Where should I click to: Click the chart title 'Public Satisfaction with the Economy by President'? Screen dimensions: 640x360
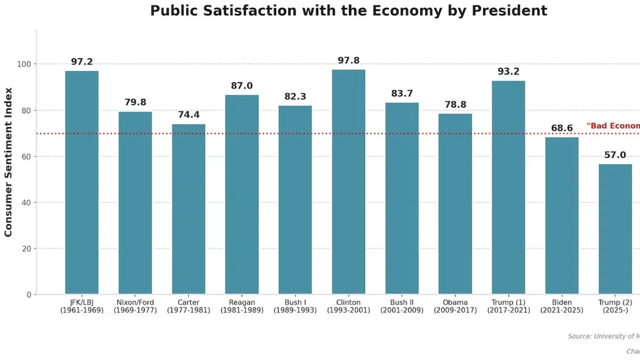348,11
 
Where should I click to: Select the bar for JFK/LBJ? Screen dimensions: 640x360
82,183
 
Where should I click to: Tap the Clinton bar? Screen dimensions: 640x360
348,183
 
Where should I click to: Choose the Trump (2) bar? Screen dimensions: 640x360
615,228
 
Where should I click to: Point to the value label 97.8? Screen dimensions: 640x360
348,60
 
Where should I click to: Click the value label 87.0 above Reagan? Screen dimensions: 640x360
242,86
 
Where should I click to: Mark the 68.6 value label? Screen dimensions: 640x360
562,128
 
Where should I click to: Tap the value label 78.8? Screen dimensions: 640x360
455,105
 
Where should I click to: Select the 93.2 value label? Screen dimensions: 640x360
508,72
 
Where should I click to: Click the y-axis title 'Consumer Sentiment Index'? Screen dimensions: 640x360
8,162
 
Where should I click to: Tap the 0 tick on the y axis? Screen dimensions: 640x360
29,295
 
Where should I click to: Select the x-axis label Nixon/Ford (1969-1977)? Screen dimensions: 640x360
135,306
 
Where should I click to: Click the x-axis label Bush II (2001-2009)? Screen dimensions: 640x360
402,306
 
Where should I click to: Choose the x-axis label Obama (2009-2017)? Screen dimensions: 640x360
455,306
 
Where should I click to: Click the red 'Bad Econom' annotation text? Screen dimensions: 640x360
613,126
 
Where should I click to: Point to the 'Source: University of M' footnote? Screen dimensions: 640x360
603,336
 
